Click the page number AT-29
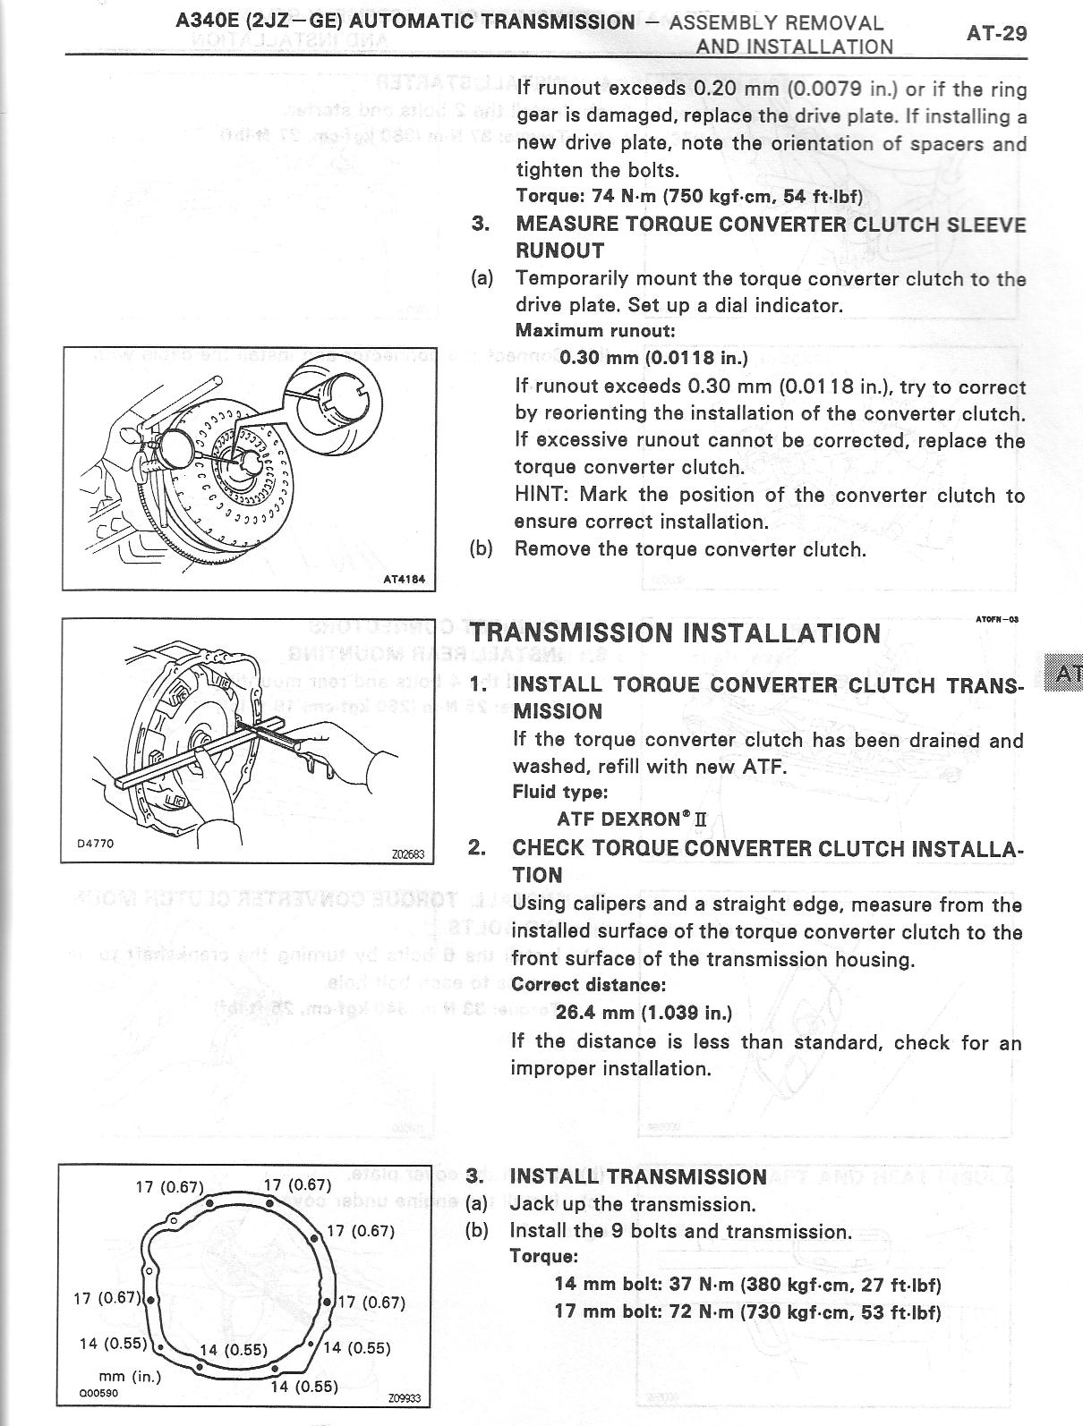[995, 34]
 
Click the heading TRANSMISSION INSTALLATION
[676, 633]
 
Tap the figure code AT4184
[404, 579]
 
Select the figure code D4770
[95, 843]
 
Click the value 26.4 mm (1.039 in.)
[644, 1013]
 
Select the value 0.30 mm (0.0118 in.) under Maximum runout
[653, 358]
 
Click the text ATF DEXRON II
[632, 819]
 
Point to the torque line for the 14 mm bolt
[747, 1285]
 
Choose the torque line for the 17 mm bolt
[747, 1312]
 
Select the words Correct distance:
[588, 985]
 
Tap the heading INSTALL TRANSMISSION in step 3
[637, 1176]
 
